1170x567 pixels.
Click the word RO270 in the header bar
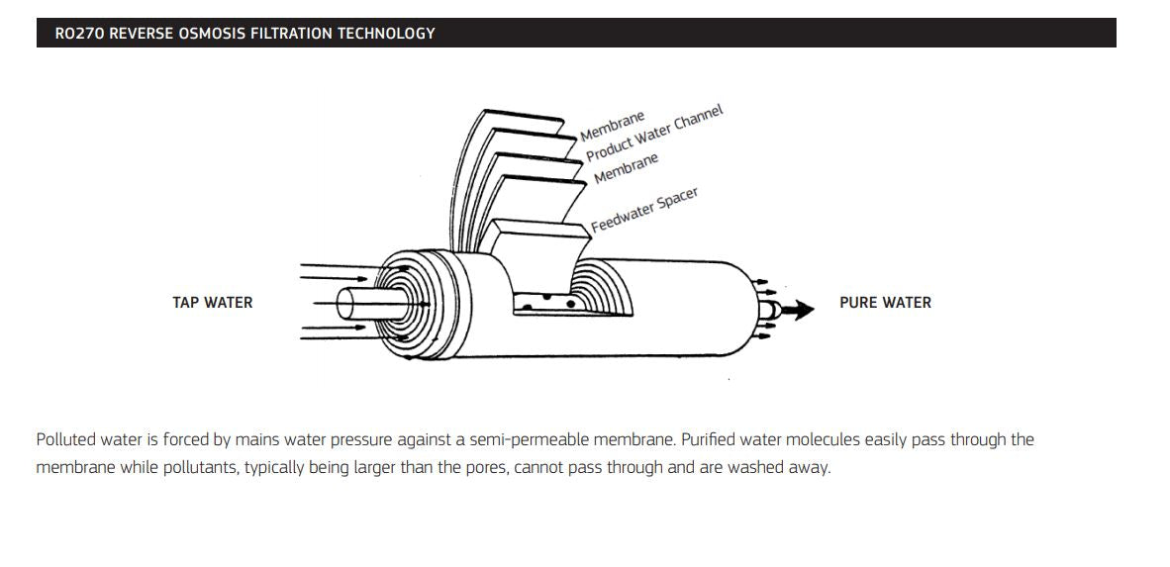point(78,34)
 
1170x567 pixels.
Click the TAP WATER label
point(212,303)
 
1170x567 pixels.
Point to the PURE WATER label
point(885,303)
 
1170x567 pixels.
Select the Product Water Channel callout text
point(653,133)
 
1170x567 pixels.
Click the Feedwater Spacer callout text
point(644,210)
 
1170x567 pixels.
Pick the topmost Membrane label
point(612,126)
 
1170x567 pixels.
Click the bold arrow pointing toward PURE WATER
point(797,310)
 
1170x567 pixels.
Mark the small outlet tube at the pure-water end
point(766,310)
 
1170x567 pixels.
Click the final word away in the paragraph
point(808,467)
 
